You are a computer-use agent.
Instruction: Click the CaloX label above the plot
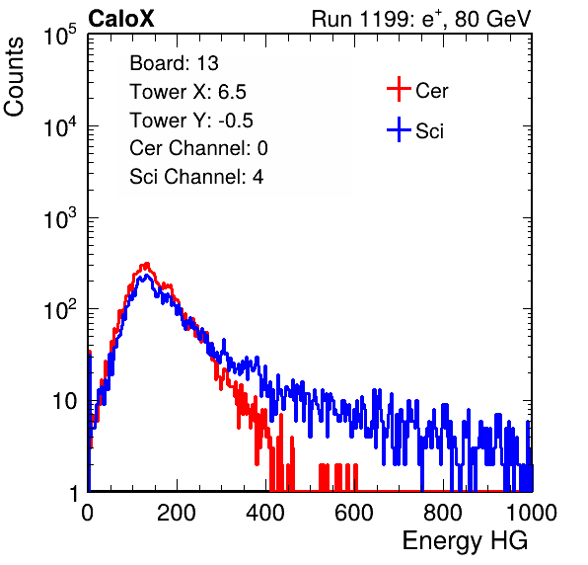pos(120,19)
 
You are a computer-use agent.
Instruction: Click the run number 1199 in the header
pos(385,19)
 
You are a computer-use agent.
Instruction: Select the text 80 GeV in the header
pos(492,19)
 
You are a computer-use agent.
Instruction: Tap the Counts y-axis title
pos(14,77)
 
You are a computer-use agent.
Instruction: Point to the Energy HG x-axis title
pos(465,541)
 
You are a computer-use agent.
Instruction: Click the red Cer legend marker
pos(399,89)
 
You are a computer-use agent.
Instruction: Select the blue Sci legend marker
pos(399,129)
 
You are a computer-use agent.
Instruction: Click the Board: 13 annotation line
pos(174,63)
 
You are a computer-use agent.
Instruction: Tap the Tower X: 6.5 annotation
pos(187,92)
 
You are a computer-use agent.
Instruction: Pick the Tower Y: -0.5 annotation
pos(191,121)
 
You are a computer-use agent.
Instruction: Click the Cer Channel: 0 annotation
pos(198,148)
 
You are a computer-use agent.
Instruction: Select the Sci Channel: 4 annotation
pos(196,177)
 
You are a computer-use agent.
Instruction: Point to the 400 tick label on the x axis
pos(265,513)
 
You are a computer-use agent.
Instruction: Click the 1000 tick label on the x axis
pos(532,513)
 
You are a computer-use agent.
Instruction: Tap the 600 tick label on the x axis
pos(354,513)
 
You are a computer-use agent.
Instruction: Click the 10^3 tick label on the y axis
pos(60,218)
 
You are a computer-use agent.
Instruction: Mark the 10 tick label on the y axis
pos(64,402)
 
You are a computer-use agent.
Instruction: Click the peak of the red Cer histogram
pos(147,264)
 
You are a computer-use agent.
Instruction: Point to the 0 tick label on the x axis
pos(88,513)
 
